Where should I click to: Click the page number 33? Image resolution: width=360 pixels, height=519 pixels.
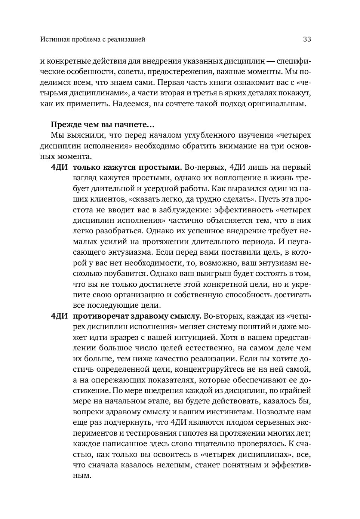[307, 39]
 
